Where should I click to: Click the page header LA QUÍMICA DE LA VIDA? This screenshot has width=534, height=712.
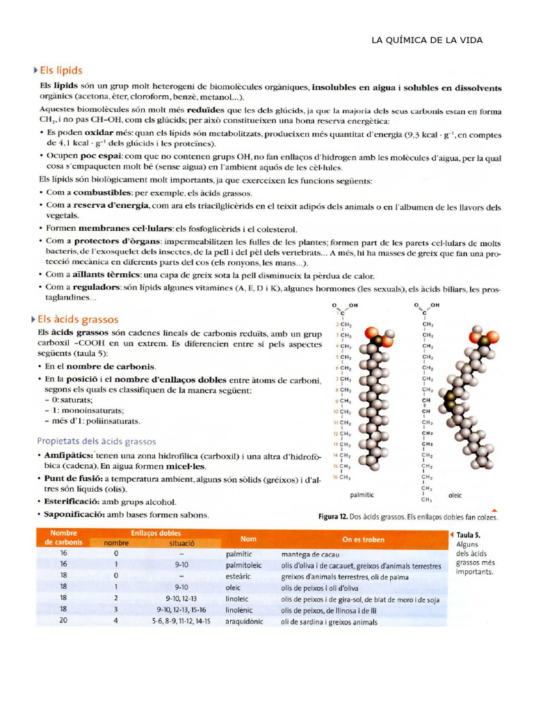click(x=427, y=40)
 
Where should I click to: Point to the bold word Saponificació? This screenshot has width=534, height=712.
click(x=79, y=515)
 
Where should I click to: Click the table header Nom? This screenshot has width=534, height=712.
click(x=248, y=539)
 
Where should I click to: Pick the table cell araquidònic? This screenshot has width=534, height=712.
click(x=245, y=622)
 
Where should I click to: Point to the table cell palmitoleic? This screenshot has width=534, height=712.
click(x=244, y=565)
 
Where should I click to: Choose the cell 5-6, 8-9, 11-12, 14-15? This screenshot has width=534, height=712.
click(x=181, y=622)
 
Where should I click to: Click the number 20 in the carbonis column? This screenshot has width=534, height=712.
click(x=63, y=622)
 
